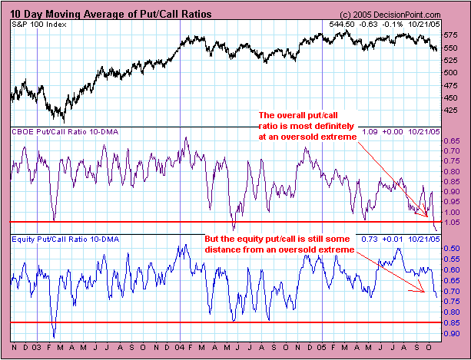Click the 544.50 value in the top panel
(339, 25)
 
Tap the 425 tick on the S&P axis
(453, 110)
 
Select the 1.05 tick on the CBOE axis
(453, 223)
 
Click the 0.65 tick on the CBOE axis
(453, 141)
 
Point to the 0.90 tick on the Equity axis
(453, 334)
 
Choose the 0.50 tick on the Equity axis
(453, 249)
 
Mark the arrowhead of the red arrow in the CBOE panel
(427, 216)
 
